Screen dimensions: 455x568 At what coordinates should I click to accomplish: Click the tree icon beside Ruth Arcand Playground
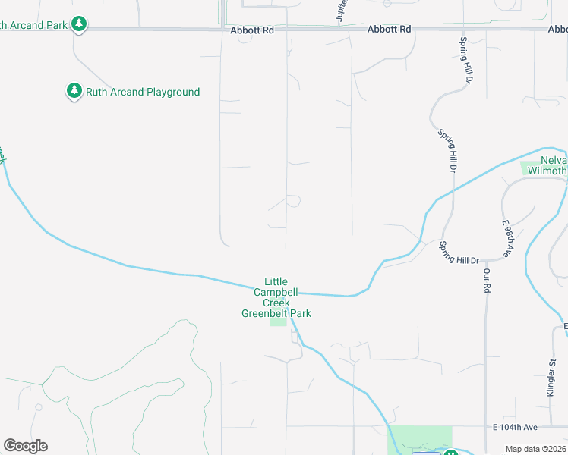[x=74, y=92]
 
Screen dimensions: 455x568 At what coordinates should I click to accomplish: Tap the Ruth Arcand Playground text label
[x=143, y=92]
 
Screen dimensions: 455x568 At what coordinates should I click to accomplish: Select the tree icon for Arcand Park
[x=78, y=24]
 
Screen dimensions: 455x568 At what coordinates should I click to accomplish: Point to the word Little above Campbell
[x=276, y=281]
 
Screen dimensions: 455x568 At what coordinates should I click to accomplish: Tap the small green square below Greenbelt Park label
[x=279, y=322]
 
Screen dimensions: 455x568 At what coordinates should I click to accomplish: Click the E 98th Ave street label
[x=508, y=240]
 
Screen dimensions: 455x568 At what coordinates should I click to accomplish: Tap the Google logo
[x=25, y=446]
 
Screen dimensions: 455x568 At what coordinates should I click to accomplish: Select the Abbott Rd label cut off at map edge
[x=557, y=30]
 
